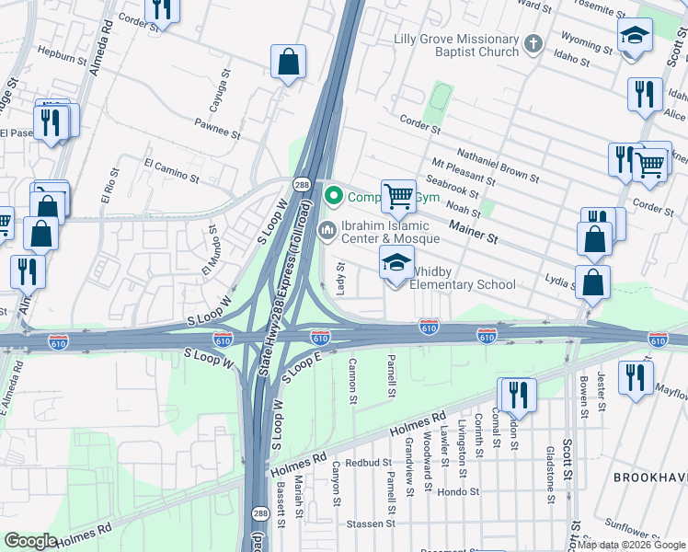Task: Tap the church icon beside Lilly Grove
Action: [x=533, y=43]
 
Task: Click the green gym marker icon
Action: [x=334, y=195]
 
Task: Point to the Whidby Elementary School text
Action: [x=462, y=278]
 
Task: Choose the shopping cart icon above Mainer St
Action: [x=398, y=195]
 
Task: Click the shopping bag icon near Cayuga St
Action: [x=289, y=63]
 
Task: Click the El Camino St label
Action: [x=172, y=169]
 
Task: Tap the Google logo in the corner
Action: [x=31, y=541]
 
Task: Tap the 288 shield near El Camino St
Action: [x=302, y=185]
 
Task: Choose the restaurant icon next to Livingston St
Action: [x=517, y=395]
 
